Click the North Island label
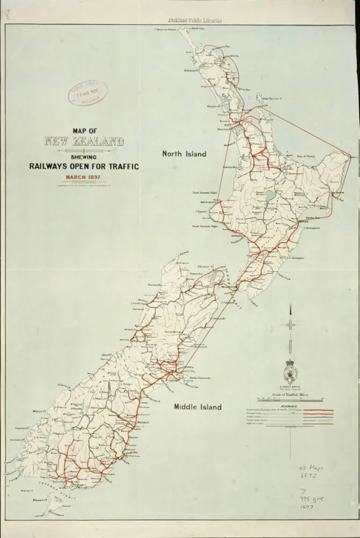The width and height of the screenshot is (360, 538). point(184,154)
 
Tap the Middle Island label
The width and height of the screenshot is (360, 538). point(198,407)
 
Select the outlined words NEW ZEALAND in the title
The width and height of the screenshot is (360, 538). point(84,142)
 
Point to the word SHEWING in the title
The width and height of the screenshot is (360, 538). point(84,157)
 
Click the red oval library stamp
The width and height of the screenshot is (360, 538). point(87,93)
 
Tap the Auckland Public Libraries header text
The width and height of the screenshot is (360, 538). point(195,20)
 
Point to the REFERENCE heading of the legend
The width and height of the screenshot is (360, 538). point(290,406)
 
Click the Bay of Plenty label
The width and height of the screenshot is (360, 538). point(308,156)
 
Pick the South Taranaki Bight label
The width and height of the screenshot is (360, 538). point(205,226)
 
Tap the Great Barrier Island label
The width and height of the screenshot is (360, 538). point(271,99)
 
